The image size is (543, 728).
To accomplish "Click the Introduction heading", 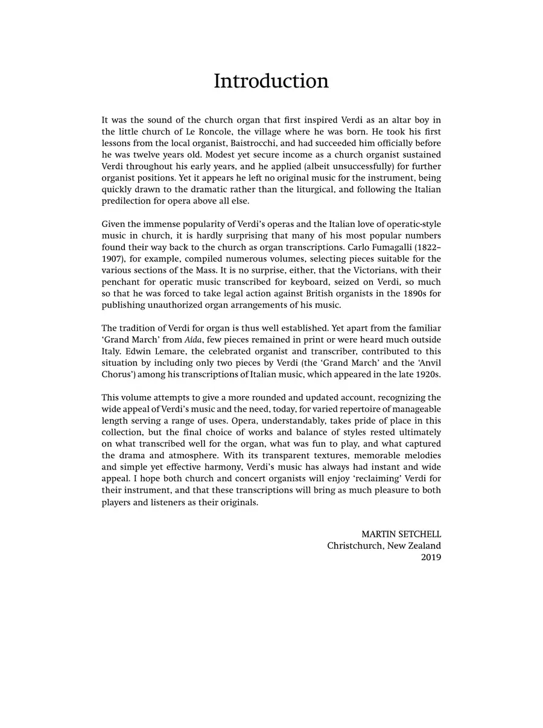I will click(x=271, y=81).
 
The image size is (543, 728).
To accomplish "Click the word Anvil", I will click(x=428, y=363).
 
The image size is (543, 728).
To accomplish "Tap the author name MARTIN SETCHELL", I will click(x=401, y=534).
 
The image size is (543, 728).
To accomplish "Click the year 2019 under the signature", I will click(x=431, y=557).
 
